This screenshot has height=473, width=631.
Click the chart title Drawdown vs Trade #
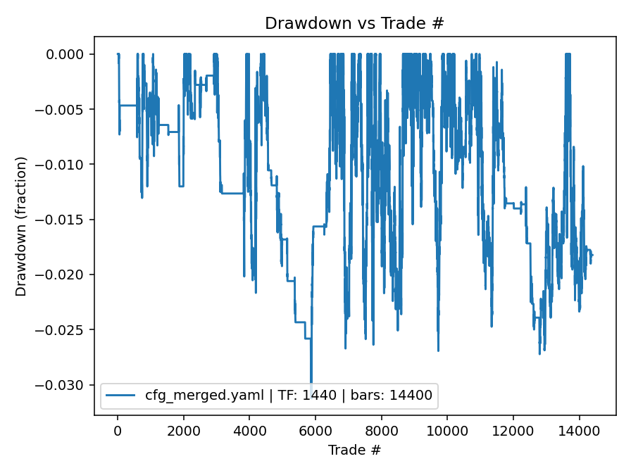pos(354,23)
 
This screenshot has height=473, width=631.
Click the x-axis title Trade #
pos(354,449)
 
